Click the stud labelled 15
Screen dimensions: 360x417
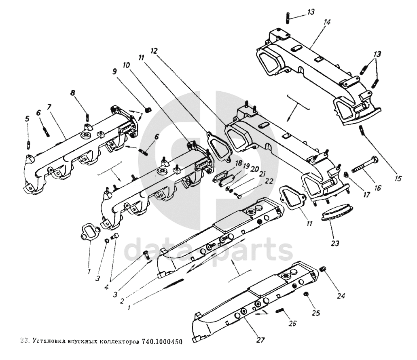363,131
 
